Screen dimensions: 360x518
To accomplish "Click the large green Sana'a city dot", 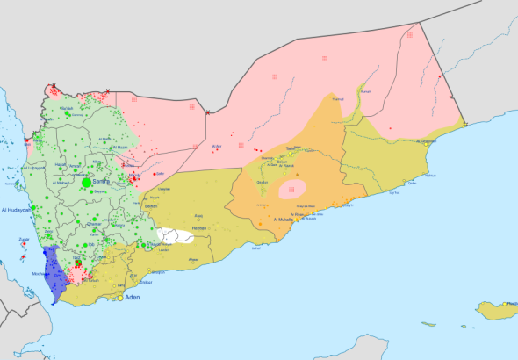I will [x=86, y=182].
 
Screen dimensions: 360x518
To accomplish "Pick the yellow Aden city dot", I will [x=121, y=298].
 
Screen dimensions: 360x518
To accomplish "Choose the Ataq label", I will [x=198, y=215].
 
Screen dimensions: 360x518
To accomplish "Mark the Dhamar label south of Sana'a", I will [x=95, y=223].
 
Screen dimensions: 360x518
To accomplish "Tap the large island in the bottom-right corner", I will [x=495, y=309].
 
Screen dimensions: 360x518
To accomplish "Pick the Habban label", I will [x=199, y=228].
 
